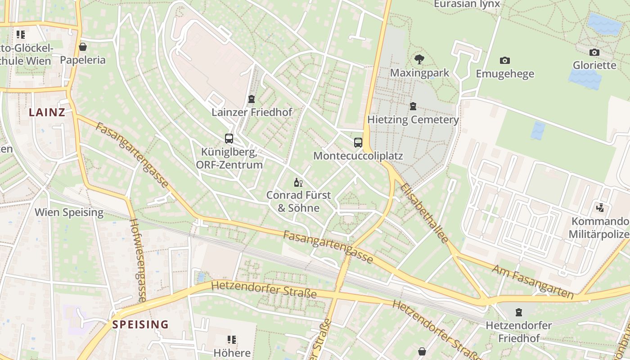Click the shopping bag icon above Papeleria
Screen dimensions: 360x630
pos(83,47)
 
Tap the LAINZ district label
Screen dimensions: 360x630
pos(47,112)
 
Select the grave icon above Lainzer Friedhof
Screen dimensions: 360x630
pos(252,99)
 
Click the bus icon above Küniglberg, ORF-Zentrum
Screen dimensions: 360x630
pos(229,139)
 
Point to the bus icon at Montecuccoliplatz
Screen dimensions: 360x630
pos(358,143)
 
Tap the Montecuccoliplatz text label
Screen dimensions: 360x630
pos(358,156)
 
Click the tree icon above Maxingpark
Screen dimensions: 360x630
pos(419,59)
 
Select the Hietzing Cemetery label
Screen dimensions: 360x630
pos(413,120)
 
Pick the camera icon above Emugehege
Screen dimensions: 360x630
pos(505,60)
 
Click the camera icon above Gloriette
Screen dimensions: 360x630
pos(594,52)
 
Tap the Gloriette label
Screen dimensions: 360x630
pos(594,65)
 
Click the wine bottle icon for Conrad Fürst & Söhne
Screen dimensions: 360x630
pos(298,182)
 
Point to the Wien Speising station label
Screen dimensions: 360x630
pos(69,212)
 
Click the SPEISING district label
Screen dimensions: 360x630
pos(140,324)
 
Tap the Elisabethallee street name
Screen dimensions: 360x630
pos(424,213)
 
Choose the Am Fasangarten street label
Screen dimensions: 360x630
pos(533,282)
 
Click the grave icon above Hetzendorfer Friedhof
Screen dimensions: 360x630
pos(519,312)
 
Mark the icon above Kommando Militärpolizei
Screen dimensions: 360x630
pos(600,208)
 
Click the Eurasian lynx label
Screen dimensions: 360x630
pos(467,4)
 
